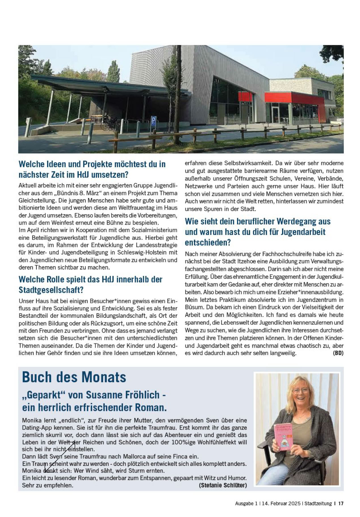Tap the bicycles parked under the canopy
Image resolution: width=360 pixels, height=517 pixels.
(x=110, y=123)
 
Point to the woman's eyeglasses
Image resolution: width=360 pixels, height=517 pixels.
(x=301, y=390)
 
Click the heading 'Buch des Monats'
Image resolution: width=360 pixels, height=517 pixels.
(x=74, y=377)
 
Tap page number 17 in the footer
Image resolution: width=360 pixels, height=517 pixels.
(x=341, y=503)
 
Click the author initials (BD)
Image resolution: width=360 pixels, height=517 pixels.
(x=338, y=353)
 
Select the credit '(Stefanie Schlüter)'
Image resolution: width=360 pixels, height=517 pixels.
(x=223, y=486)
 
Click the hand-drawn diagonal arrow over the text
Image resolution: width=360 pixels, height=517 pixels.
(x=60, y=456)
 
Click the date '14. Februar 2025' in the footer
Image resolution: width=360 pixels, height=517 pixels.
(x=281, y=503)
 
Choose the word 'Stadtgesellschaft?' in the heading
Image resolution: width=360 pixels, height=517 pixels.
(x=51, y=290)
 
